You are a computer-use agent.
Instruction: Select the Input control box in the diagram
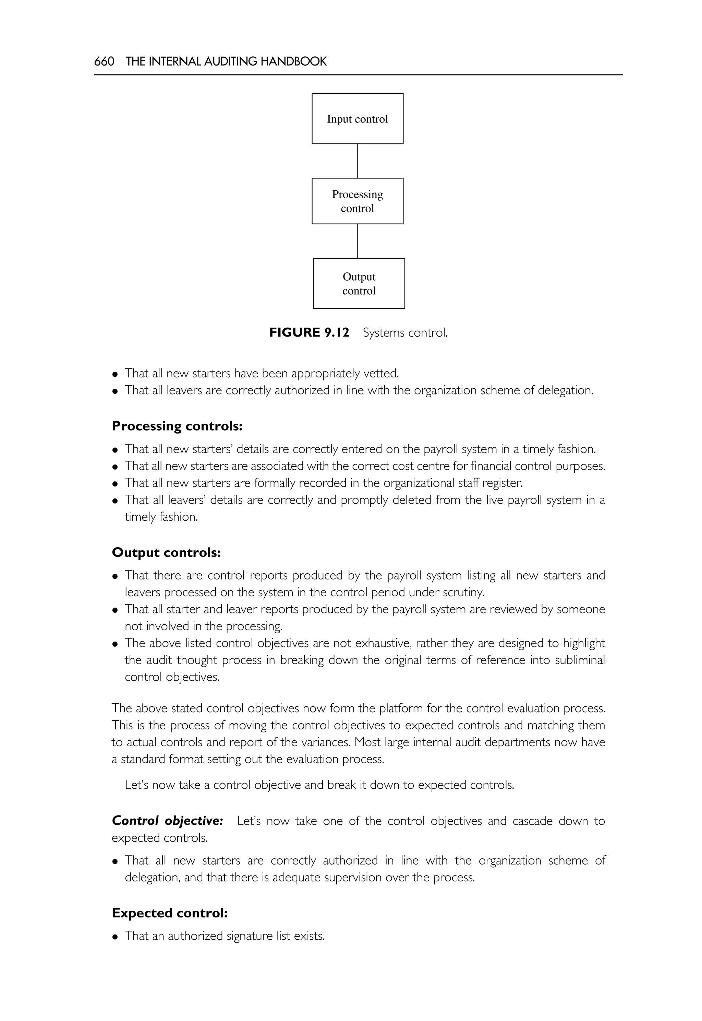point(357,119)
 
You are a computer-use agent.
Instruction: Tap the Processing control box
point(357,201)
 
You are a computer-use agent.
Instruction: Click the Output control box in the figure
point(359,283)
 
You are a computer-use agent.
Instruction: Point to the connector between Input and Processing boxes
point(358,161)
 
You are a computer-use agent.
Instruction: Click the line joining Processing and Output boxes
point(358,241)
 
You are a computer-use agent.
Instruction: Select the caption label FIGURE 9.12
point(309,332)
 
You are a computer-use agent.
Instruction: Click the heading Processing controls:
point(177,426)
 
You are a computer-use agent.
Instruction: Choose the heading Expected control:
point(169,913)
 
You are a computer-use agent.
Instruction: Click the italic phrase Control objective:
point(167,821)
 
